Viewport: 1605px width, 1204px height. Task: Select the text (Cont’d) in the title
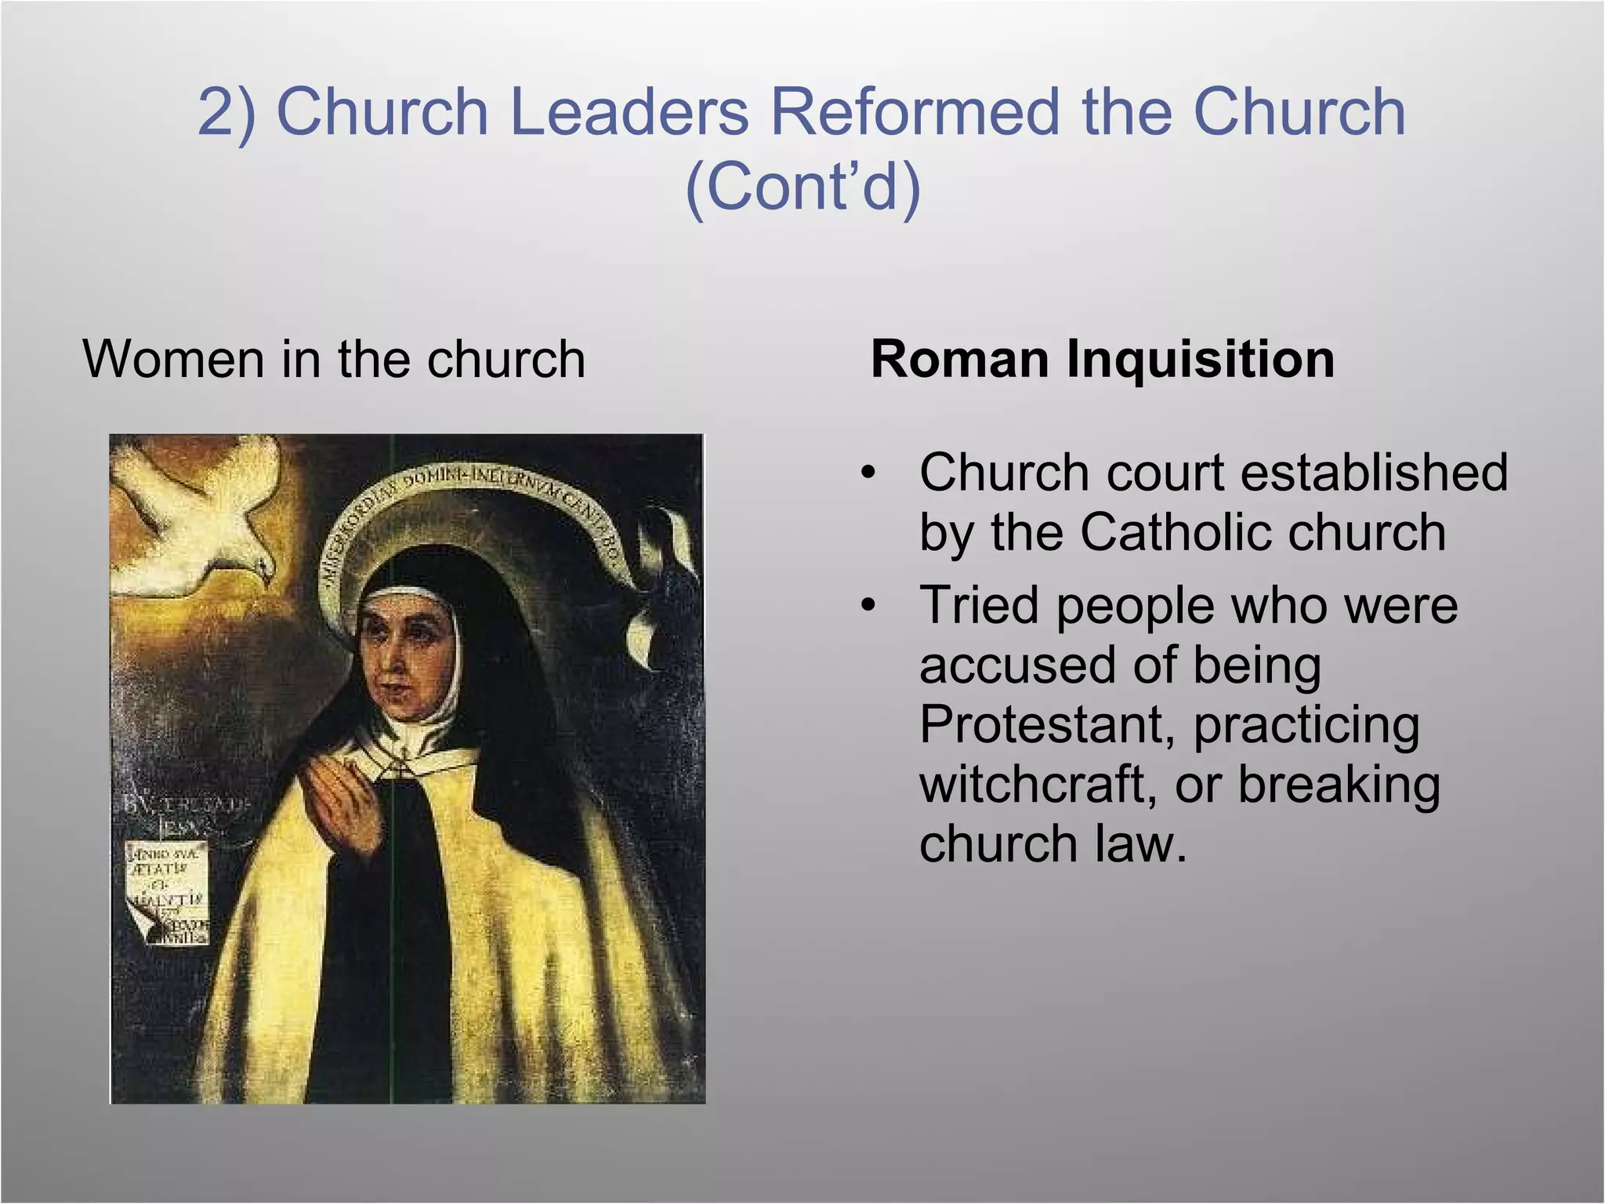pyautogui.click(x=802, y=188)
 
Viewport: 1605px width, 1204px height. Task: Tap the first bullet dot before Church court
pyautogui.click(x=867, y=473)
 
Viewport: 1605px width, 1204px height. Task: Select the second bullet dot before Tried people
pyautogui.click(x=867, y=606)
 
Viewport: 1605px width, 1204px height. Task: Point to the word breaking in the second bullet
pyautogui.click(x=1339, y=784)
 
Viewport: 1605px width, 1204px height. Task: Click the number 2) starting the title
pyautogui.click(x=227, y=112)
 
